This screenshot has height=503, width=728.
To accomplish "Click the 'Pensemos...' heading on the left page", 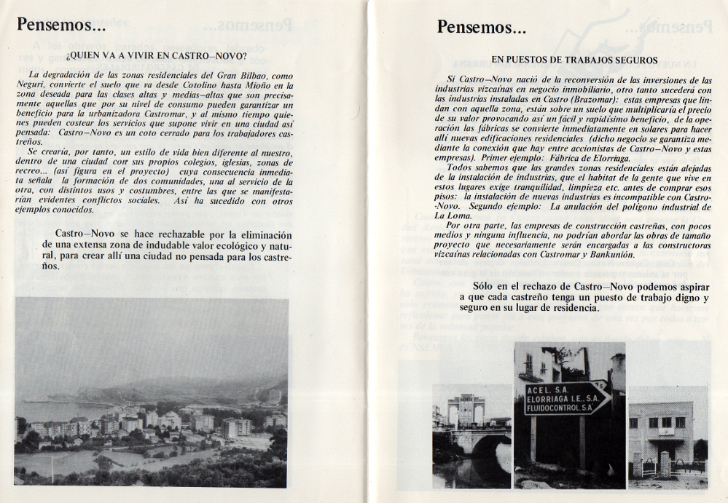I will (x=61, y=25).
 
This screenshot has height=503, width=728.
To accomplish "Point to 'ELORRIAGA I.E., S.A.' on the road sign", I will (x=558, y=399).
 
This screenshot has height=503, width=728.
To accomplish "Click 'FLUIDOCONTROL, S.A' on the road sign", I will (x=558, y=409).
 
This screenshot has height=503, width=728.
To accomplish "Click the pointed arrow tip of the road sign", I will (x=608, y=397).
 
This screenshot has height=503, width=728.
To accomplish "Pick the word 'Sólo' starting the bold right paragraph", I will (x=485, y=287).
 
